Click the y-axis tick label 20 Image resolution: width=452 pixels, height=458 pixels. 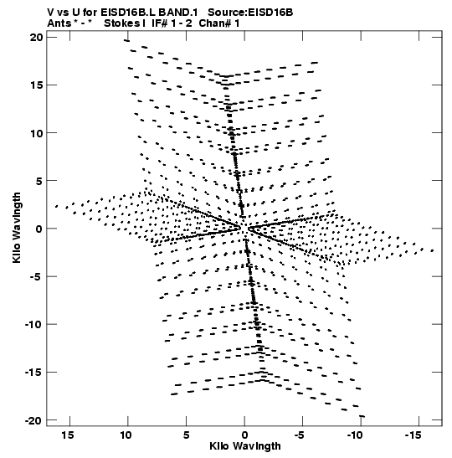coord(36,38)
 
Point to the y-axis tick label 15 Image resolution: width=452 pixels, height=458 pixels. coord(37,85)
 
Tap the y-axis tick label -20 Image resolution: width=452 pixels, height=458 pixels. coord(33,420)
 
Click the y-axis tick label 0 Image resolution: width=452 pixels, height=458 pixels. coord(39,229)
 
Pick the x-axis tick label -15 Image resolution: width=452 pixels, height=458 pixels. coord(413,435)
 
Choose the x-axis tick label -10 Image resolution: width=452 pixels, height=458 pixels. coord(355,435)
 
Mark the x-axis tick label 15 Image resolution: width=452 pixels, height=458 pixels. coord(68,435)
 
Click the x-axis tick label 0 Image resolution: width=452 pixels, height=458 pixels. coord(244,435)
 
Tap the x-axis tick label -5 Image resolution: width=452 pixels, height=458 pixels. coord(300,435)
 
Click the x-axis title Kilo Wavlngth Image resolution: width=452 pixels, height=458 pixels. coord(245,446)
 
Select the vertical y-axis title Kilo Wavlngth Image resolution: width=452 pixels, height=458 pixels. coord(17,228)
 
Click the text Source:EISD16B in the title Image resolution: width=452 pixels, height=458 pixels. coord(250,13)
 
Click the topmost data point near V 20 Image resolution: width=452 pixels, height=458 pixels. coord(126,40)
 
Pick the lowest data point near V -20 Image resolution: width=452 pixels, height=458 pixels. coord(362,416)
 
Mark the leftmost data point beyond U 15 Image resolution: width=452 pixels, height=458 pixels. coord(56,206)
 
